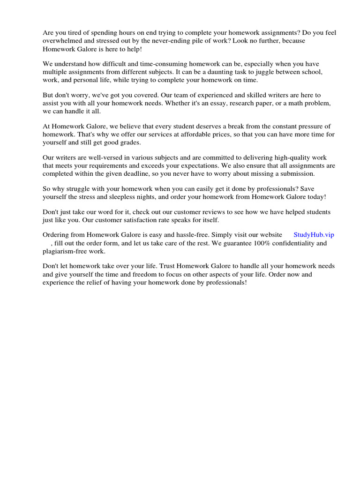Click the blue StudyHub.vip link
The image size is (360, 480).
314,235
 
